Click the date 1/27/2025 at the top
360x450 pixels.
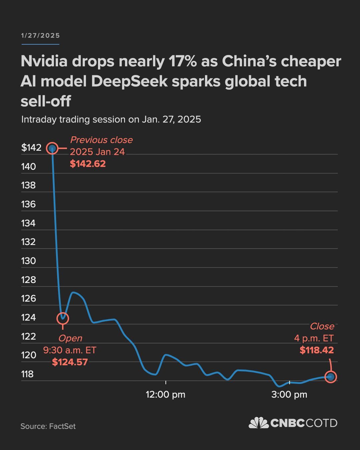point(40,36)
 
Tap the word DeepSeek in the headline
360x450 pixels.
point(129,81)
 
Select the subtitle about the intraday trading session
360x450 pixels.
point(111,119)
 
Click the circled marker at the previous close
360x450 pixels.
point(52,148)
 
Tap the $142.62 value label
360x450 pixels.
point(88,164)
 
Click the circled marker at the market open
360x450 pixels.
point(63,318)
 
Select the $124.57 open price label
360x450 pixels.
point(70,362)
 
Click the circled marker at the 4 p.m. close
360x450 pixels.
point(331,377)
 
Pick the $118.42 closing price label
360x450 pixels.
point(316,350)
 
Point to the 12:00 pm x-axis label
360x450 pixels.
point(165,395)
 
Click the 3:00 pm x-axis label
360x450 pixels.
point(289,395)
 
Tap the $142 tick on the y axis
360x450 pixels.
point(31,148)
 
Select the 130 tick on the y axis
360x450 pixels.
point(28,261)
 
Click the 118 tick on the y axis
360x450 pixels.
point(27,374)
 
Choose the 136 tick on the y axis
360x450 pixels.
point(28,204)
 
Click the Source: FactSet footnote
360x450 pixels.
point(48,426)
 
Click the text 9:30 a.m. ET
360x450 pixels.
point(70,350)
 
